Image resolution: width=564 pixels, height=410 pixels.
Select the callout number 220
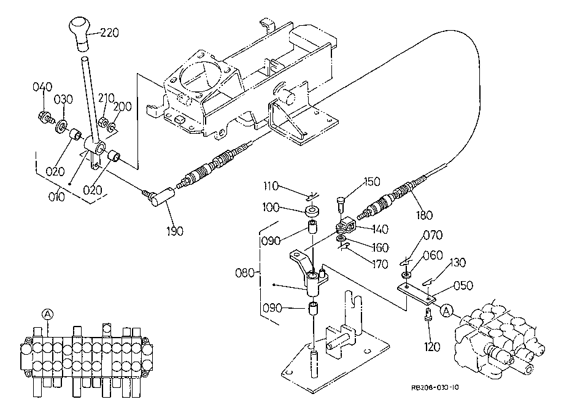pos(109,33)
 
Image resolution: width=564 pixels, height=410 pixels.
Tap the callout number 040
pos(42,87)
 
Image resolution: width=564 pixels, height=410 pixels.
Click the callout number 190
pos(174,231)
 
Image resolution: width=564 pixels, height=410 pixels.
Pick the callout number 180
pos(424,215)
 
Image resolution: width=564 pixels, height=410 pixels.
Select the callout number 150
pos(372,182)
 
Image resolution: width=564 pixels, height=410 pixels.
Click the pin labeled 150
pos(341,205)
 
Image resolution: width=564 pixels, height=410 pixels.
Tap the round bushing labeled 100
pos(312,212)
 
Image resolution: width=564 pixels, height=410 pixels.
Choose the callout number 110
pos(271,186)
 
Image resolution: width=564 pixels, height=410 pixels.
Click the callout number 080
pos(245,273)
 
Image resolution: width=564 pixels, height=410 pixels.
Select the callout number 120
pos(432,347)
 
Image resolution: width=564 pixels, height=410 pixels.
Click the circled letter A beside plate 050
pos(446,311)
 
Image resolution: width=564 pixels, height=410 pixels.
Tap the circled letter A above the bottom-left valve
pos(47,315)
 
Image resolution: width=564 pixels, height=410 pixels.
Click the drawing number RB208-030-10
pos(435,387)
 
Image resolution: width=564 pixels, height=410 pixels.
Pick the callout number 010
pos(57,197)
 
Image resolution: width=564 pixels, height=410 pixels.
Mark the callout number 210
pos(106,98)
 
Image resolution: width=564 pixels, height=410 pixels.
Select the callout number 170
pos(379,265)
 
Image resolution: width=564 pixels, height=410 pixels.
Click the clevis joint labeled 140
pos(346,227)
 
